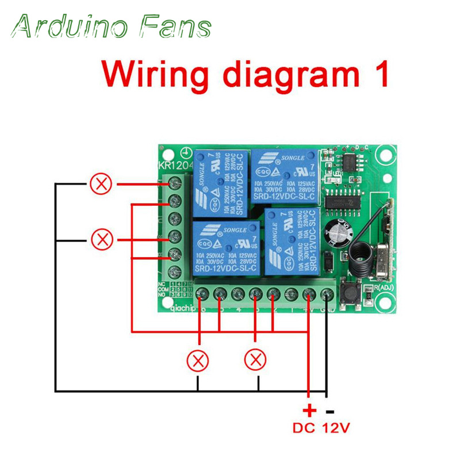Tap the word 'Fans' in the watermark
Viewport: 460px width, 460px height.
tap(176, 26)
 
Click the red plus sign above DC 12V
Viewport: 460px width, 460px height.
tap(309, 411)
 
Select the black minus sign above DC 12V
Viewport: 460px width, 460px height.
tap(330, 411)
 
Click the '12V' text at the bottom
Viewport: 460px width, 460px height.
tap(335, 428)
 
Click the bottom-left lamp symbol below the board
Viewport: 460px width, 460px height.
tap(199, 361)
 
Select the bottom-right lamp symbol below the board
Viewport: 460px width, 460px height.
tap(255, 361)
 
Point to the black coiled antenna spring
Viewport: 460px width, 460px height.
tap(363, 252)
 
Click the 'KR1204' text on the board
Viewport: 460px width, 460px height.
tap(171, 166)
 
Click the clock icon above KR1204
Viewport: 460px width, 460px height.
tap(186, 153)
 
